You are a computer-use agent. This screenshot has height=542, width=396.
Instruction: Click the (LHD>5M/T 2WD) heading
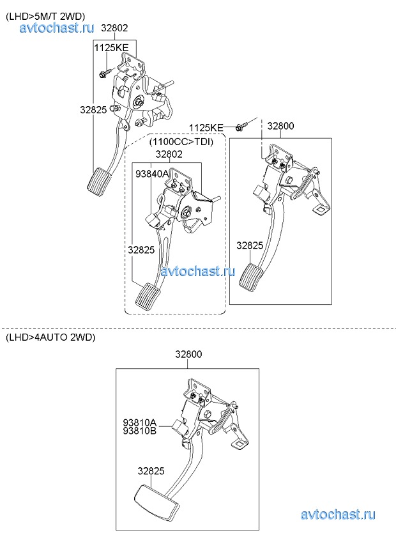45,16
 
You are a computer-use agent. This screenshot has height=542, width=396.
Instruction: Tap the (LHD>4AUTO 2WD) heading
50,337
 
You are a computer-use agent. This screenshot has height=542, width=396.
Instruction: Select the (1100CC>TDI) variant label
181,142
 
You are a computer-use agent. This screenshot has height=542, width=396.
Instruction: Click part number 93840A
151,174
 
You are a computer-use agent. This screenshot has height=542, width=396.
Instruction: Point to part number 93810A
140,422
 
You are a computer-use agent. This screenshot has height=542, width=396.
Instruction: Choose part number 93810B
140,431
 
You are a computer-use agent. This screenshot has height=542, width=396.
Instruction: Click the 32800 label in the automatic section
188,354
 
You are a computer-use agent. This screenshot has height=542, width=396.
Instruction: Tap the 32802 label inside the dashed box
169,154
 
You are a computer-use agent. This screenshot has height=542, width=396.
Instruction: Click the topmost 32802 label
114,28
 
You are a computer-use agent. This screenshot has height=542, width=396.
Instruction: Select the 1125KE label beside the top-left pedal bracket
111,48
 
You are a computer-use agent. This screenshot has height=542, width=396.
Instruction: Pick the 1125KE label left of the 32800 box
206,128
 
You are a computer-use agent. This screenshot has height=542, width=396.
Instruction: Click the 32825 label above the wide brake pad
151,471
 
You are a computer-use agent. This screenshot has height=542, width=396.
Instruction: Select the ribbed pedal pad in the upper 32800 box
249,275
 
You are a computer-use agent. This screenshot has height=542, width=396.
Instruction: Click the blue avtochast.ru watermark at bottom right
338,515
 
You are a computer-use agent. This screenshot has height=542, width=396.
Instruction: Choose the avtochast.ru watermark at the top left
56,27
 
